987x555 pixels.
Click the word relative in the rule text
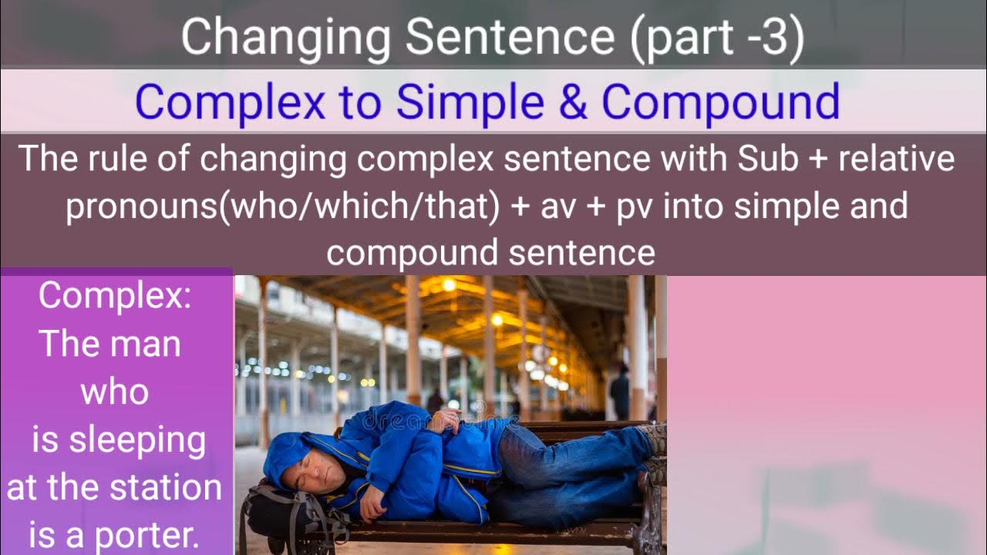tap(898, 159)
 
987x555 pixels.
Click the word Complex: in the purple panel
tap(116, 295)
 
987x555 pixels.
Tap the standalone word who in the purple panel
tap(115, 392)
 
